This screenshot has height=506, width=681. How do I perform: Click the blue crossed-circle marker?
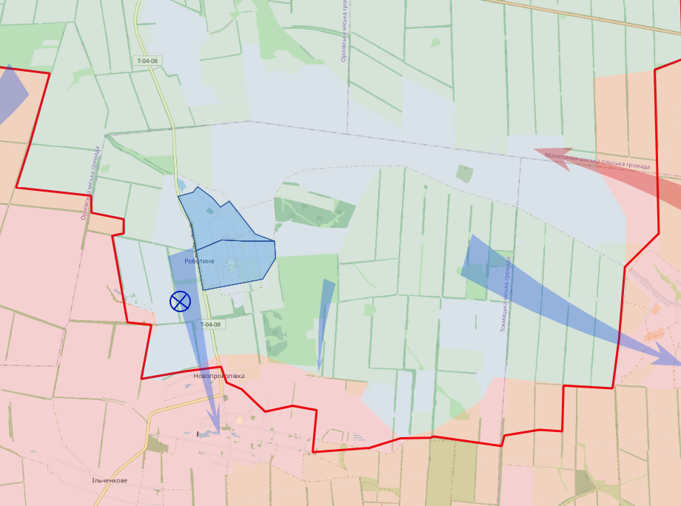(180, 301)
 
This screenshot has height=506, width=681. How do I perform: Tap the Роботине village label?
(200, 261)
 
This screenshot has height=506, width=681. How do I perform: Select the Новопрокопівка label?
(218, 376)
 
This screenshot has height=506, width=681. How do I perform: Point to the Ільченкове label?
(110, 480)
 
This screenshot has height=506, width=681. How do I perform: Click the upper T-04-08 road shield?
(147, 61)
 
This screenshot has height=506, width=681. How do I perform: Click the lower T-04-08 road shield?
(210, 324)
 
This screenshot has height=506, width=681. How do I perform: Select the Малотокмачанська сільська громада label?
(597, 161)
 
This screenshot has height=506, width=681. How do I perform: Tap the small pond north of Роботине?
(182, 184)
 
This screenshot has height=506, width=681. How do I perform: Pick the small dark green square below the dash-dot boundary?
(464, 174)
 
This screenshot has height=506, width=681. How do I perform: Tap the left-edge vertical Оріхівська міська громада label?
(90, 183)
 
